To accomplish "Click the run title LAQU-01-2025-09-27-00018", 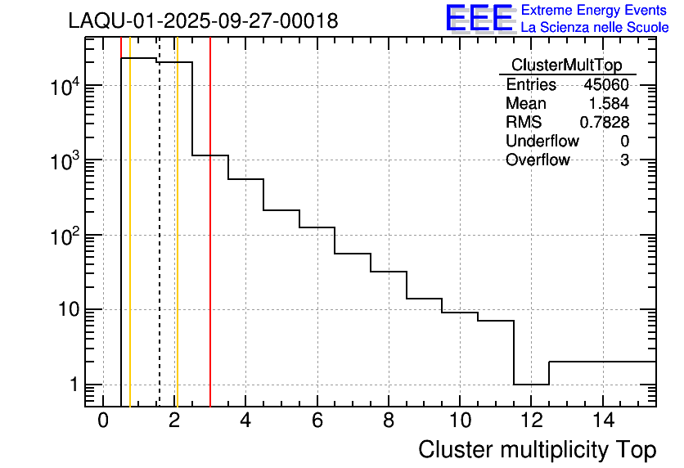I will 203,21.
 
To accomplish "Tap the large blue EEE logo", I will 479,18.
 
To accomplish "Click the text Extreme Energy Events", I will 593,11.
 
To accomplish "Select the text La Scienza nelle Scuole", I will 594,28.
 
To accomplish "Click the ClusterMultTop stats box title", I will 566,65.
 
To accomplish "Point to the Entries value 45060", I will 605,85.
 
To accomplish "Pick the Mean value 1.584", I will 609,104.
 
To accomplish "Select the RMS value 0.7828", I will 604,123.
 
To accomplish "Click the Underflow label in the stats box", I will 542,142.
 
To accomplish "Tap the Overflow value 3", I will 624,160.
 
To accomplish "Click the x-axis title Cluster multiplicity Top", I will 537,450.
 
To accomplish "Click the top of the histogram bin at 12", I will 531,384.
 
